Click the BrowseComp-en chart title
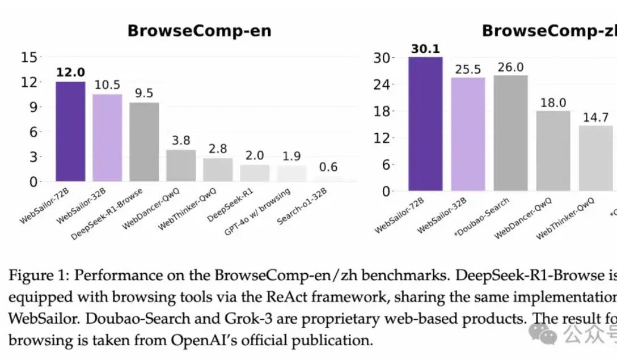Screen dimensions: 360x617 point(199,31)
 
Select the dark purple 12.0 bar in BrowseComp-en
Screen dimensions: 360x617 point(70,132)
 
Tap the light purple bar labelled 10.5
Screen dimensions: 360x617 point(107,138)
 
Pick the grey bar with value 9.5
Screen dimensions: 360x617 point(144,142)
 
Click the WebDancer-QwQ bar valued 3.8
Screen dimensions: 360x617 point(181,166)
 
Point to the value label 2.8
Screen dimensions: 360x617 point(218,149)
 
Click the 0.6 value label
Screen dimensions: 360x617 point(328,167)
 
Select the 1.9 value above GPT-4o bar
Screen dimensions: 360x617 point(291,156)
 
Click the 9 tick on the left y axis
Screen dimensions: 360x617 point(33,107)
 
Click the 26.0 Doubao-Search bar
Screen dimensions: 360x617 point(510,133)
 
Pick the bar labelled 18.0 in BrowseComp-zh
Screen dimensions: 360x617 point(553,151)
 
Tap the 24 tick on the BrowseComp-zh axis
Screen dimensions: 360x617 point(383,84)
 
